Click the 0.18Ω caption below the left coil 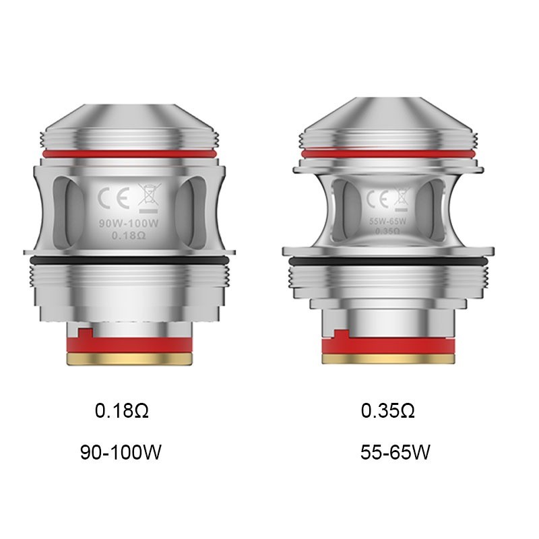(122, 410)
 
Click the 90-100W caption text (121, 451)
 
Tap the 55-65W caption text (395, 451)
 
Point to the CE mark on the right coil (376, 199)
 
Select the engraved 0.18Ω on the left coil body (128, 234)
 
